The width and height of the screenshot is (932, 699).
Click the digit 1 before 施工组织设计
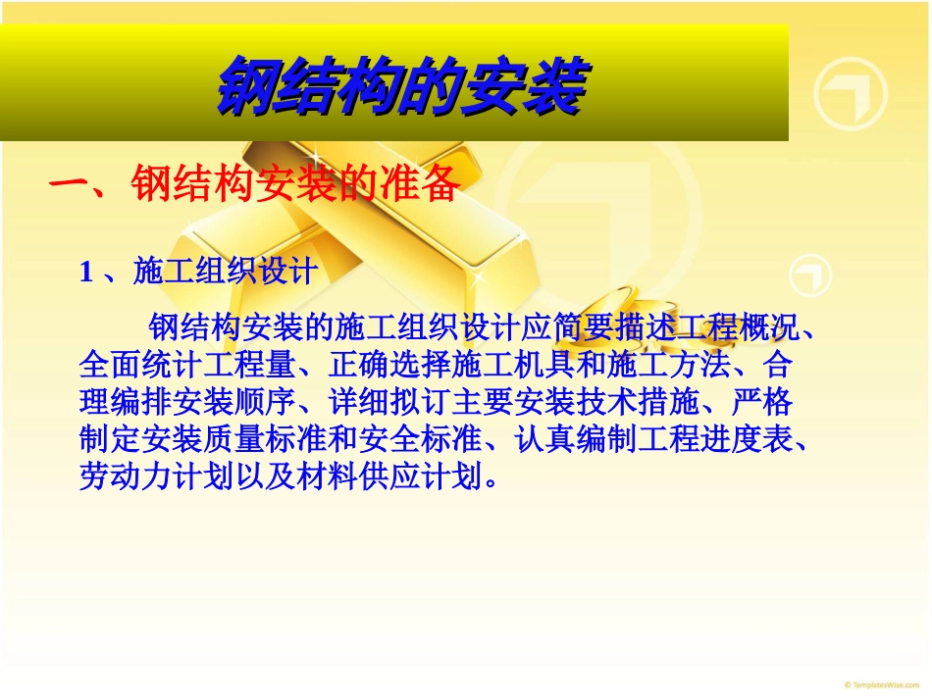point(85,272)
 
